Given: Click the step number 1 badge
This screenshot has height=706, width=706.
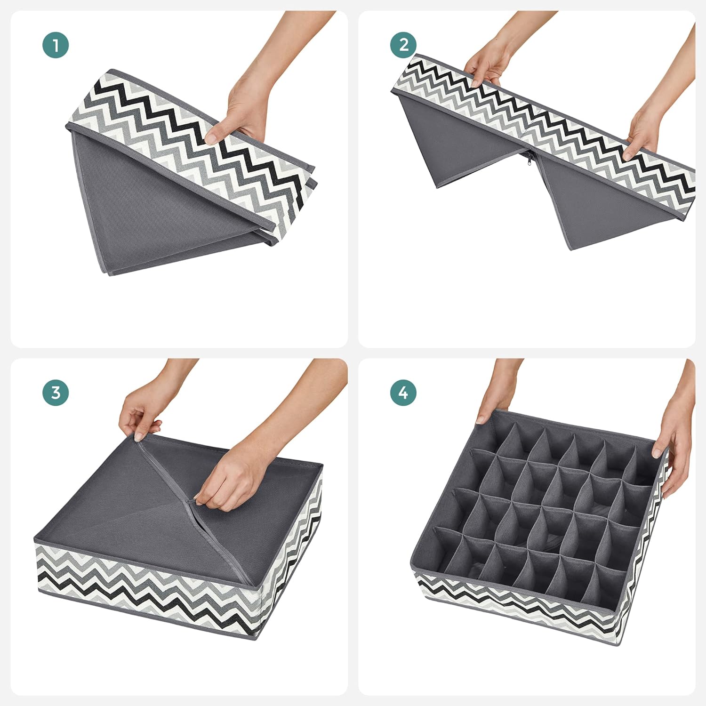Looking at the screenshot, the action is (x=56, y=45).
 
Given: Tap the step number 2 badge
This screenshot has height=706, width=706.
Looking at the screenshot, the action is (x=403, y=45).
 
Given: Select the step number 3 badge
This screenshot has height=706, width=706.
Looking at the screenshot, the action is (x=56, y=393).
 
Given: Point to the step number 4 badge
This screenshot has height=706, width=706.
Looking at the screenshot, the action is (x=403, y=393).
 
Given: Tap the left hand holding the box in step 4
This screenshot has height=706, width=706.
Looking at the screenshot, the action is (x=494, y=400).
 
